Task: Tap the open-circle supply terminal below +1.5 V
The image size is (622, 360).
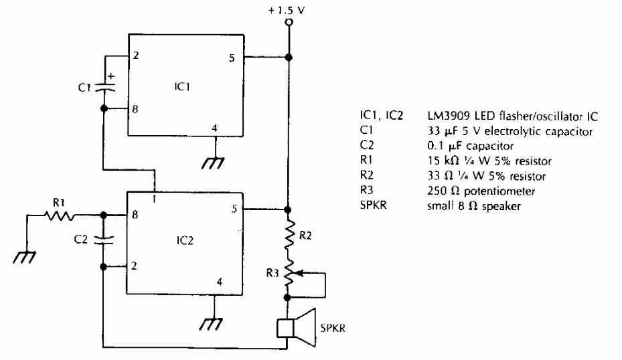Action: click(x=289, y=23)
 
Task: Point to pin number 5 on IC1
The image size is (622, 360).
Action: click(x=230, y=58)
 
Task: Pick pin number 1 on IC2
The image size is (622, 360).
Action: click(x=155, y=199)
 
